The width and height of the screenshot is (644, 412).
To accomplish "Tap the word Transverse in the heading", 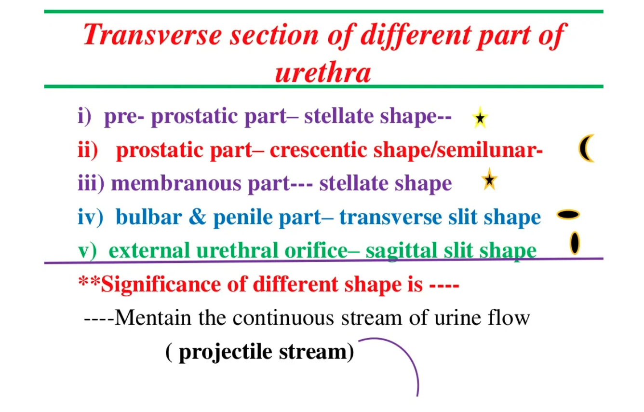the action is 152,35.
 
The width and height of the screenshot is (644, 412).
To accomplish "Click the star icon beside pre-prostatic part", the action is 480,118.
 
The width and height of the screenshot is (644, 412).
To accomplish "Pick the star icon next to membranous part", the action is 489,179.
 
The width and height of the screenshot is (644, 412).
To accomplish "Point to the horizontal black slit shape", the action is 568,215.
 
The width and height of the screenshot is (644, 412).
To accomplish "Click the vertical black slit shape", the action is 575,243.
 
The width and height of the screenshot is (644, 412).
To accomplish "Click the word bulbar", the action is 149,217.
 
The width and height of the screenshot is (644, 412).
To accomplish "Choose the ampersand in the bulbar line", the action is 198,217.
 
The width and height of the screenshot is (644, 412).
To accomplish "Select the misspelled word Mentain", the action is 153,318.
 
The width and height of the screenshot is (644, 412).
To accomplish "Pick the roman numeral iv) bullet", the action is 90,218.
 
